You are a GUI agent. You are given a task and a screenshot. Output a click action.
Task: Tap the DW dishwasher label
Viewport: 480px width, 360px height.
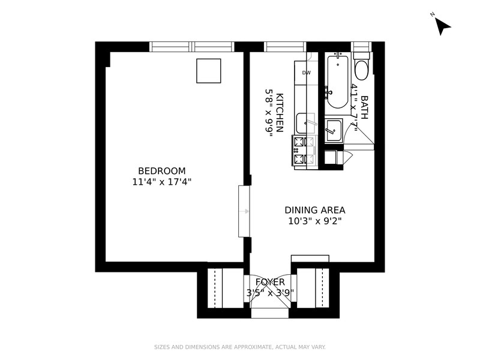point(307,73)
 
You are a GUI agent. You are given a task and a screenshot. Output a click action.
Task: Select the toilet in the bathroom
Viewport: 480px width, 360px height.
point(362,68)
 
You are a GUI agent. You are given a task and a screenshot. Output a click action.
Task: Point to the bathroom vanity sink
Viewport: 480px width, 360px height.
point(333,129)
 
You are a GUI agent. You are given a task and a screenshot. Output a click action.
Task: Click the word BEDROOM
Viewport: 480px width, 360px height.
point(162,170)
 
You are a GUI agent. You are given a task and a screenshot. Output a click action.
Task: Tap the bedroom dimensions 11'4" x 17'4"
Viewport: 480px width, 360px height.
point(162,181)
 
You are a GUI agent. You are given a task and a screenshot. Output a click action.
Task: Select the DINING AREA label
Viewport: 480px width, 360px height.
point(315,210)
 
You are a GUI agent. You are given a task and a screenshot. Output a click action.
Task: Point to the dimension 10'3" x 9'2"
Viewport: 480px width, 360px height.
point(315,220)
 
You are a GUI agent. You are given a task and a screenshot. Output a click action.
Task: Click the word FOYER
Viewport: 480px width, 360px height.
point(270,282)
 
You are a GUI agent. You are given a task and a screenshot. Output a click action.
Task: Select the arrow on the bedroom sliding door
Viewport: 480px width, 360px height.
point(246,211)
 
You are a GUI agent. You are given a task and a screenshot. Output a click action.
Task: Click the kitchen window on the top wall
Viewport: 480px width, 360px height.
point(285,47)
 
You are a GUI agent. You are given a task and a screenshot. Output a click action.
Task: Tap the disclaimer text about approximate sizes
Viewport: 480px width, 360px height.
point(240,347)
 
